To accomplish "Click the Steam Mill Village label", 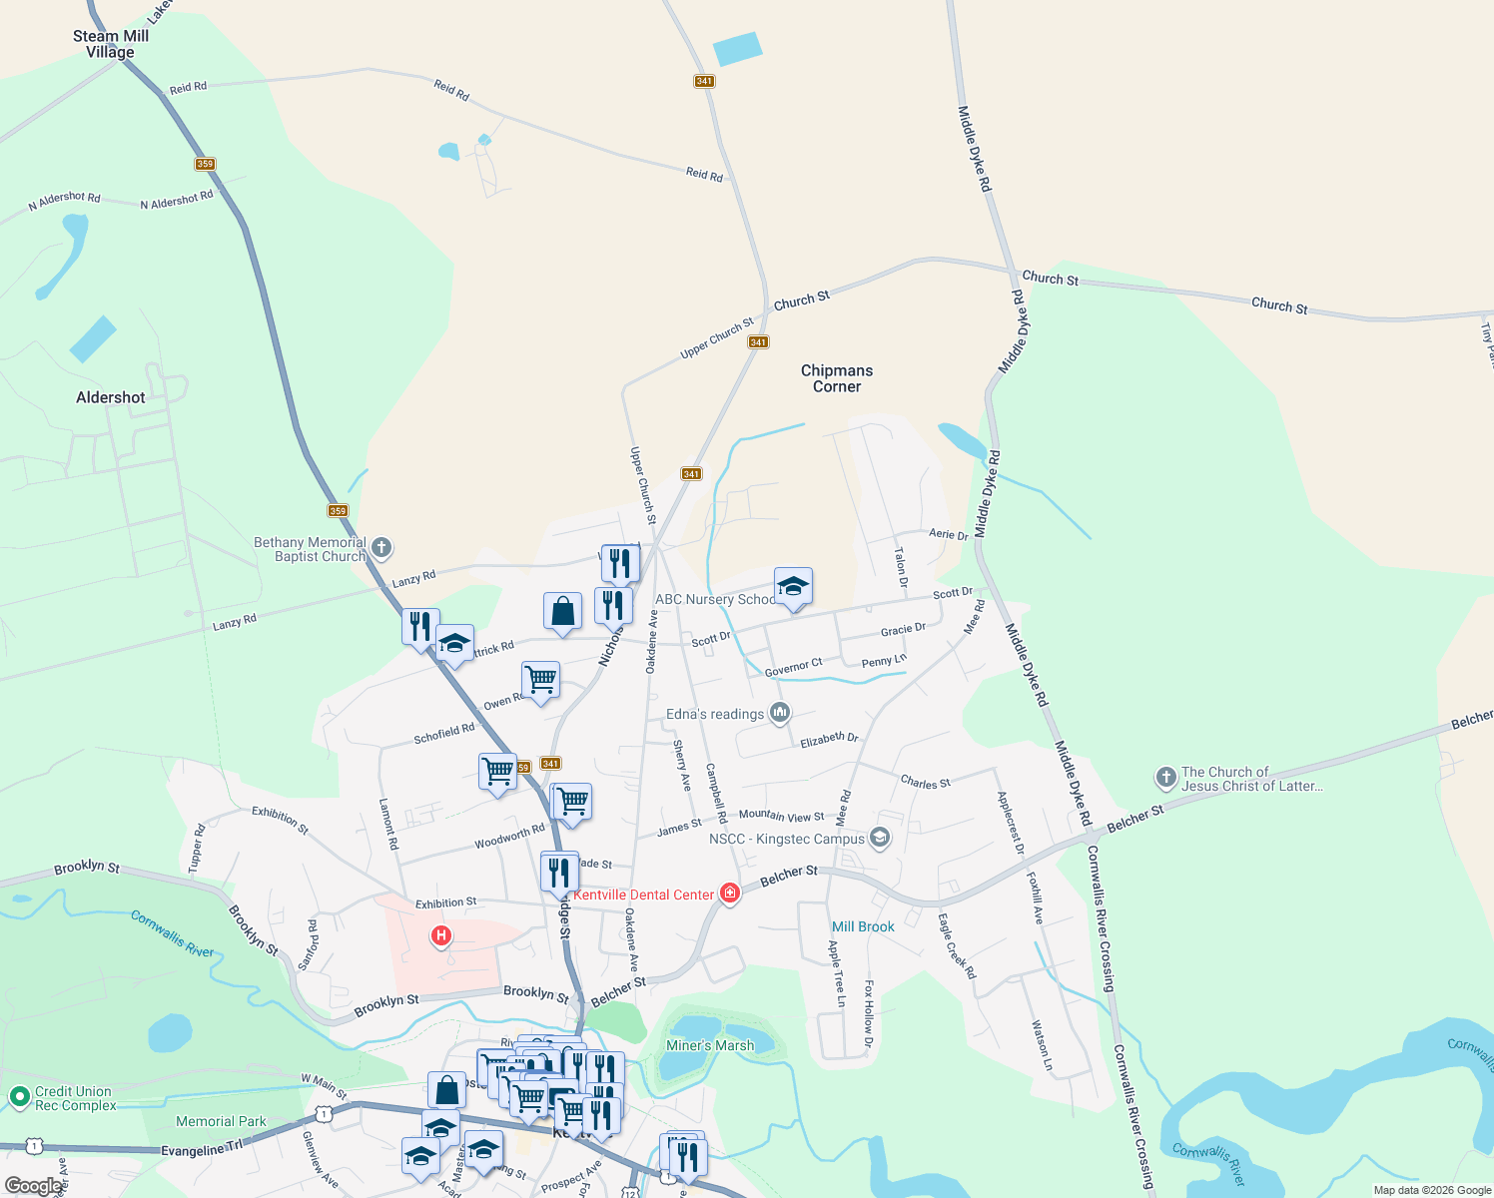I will click(x=110, y=44).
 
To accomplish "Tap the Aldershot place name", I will click(x=111, y=397).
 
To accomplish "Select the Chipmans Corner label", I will click(x=837, y=378).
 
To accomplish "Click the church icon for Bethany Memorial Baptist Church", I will click(x=381, y=547).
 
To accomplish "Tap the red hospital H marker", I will click(x=440, y=936).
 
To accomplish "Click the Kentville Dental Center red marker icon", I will click(x=730, y=893).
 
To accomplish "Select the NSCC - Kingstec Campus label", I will click(x=786, y=839).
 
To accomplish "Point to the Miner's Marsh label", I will click(x=710, y=1045).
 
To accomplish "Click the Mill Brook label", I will click(x=863, y=926).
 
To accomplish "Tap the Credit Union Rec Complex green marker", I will click(x=19, y=1097).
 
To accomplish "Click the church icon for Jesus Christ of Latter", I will click(x=1165, y=777).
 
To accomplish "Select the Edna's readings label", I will click(x=714, y=714).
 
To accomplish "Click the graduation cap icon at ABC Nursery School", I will click(x=793, y=587).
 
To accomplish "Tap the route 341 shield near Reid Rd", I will click(x=704, y=81).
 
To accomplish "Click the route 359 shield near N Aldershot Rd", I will click(x=205, y=164).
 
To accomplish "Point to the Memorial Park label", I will click(x=221, y=1121).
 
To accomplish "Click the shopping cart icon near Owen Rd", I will click(x=540, y=680).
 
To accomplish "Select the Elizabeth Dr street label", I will click(x=829, y=739).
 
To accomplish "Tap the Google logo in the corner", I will click(x=33, y=1186).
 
